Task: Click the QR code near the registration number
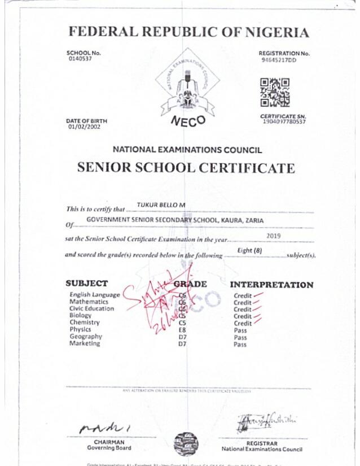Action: [275, 92]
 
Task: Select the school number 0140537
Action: [79, 58]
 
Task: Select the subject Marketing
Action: [85, 343]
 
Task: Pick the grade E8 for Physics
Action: [182, 330]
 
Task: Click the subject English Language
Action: [94, 295]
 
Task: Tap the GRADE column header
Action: [190, 284]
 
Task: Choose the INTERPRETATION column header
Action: [271, 285]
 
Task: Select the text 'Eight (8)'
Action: [251, 250]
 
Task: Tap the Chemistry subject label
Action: [85, 323]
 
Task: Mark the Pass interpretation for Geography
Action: [240, 337]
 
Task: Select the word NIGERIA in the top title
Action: [276, 32]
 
